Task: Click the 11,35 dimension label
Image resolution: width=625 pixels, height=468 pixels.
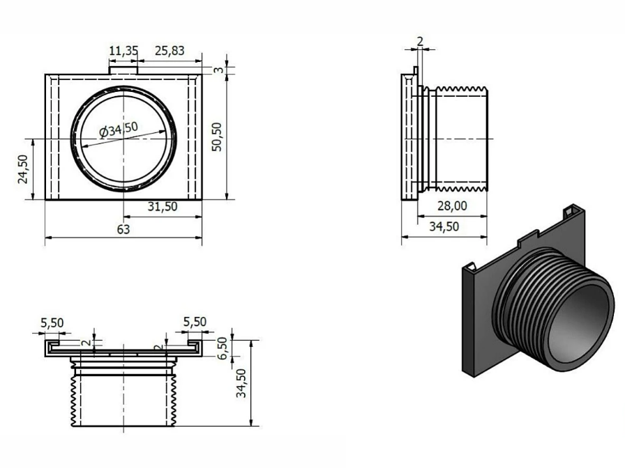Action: (x=123, y=52)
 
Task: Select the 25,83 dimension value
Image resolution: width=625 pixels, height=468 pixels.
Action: (x=170, y=52)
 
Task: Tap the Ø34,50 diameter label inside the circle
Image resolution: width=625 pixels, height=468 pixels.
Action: (x=118, y=130)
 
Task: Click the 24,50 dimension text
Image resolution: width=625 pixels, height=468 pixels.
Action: (x=23, y=169)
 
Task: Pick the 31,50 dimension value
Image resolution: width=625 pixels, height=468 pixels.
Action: (x=162, y=207)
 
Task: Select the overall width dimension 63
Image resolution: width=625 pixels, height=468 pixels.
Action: (x=123, y=229)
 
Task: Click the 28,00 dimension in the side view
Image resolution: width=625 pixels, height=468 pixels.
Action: (x=452, y=206)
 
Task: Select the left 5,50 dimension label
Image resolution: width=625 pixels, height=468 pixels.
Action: (x=52, y=322)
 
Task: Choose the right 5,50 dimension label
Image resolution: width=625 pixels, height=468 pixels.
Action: (x=195, y=322)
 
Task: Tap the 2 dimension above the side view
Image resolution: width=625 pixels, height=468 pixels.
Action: (x=419, y=41)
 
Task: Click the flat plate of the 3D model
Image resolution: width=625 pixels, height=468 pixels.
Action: (x=481, y=313)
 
